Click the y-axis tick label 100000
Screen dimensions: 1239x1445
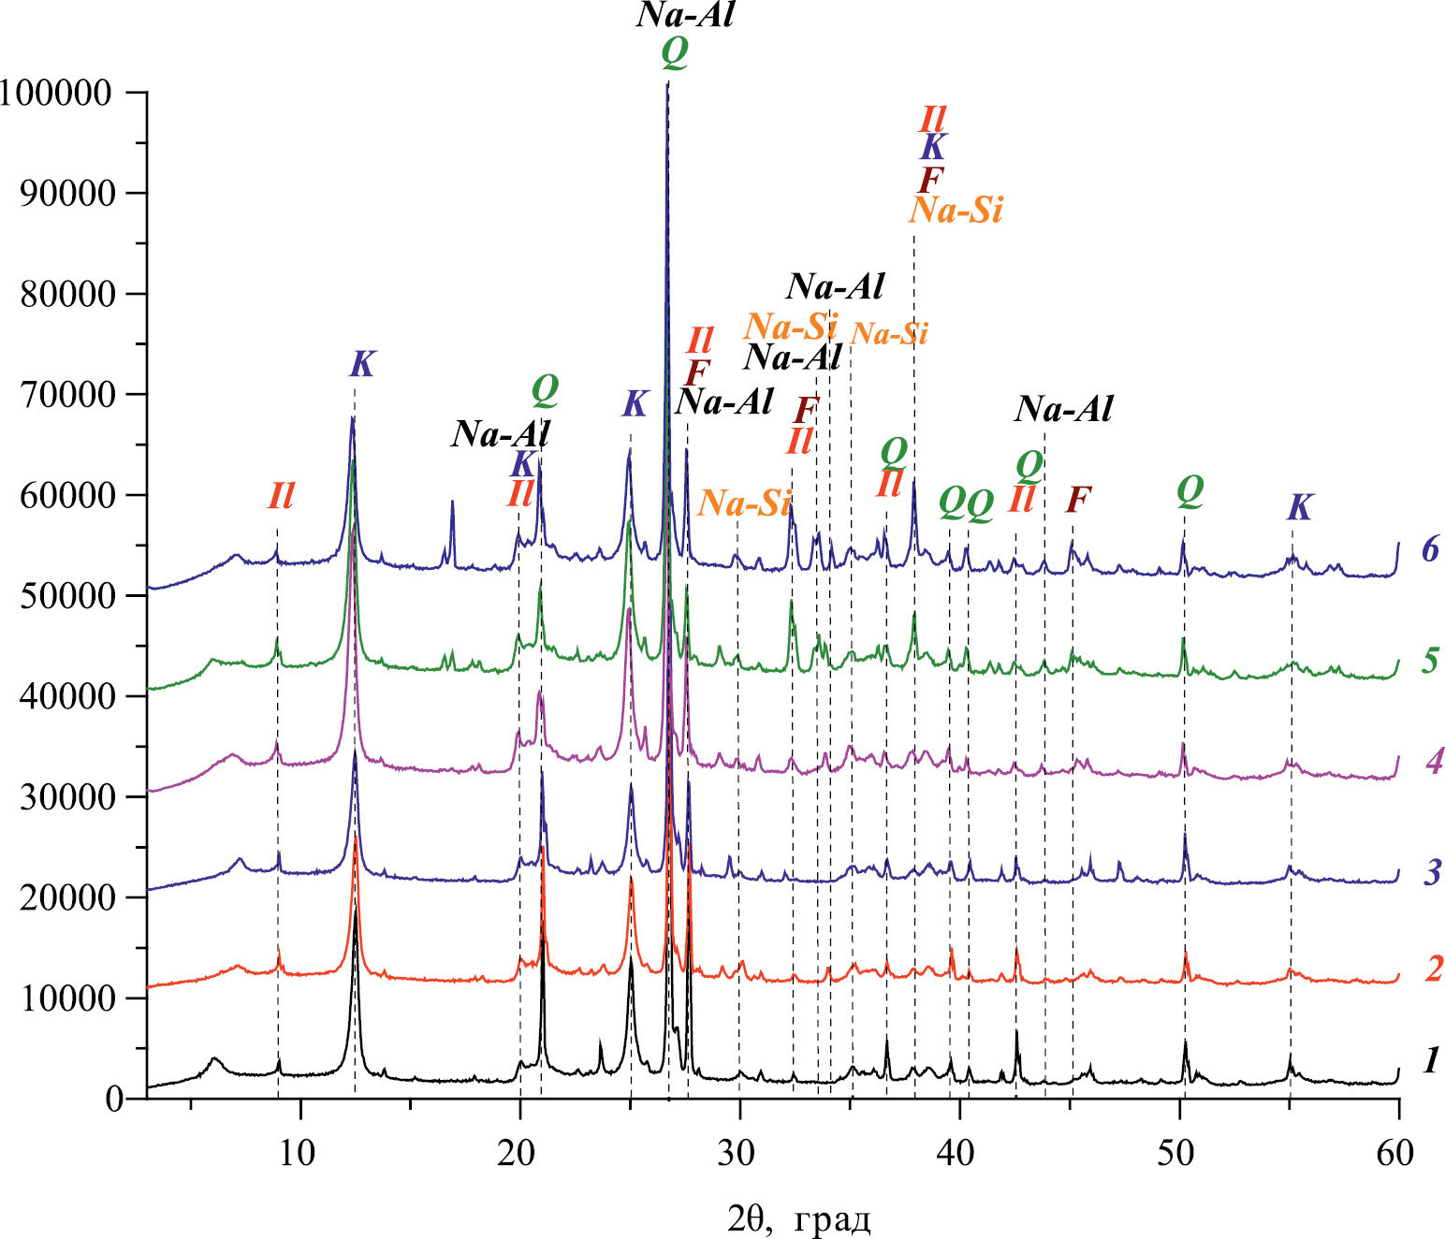[x=57, y=93]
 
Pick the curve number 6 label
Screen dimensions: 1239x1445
[x=1429, y=548]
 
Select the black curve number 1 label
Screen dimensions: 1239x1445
[x=1431, y=1060]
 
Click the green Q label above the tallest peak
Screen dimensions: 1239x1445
[x=675, y=53]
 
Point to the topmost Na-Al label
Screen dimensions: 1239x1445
[x=685, y=16]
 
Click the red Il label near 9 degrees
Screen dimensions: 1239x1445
[x=281, y=496]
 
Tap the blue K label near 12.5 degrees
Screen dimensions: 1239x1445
[x=361, y=365]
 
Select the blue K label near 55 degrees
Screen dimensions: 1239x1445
[x=1299, y=507]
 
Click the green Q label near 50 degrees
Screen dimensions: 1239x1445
[x=1190, y=490]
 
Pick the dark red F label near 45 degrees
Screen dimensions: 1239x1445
[x=1078, y=500]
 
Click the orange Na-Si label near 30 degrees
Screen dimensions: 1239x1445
[x=745, y=503]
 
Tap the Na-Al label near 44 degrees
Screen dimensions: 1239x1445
[x=1064, y=409]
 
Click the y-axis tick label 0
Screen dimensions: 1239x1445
[x=114, y=1099]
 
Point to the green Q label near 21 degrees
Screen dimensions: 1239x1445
[x=545, y=390]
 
